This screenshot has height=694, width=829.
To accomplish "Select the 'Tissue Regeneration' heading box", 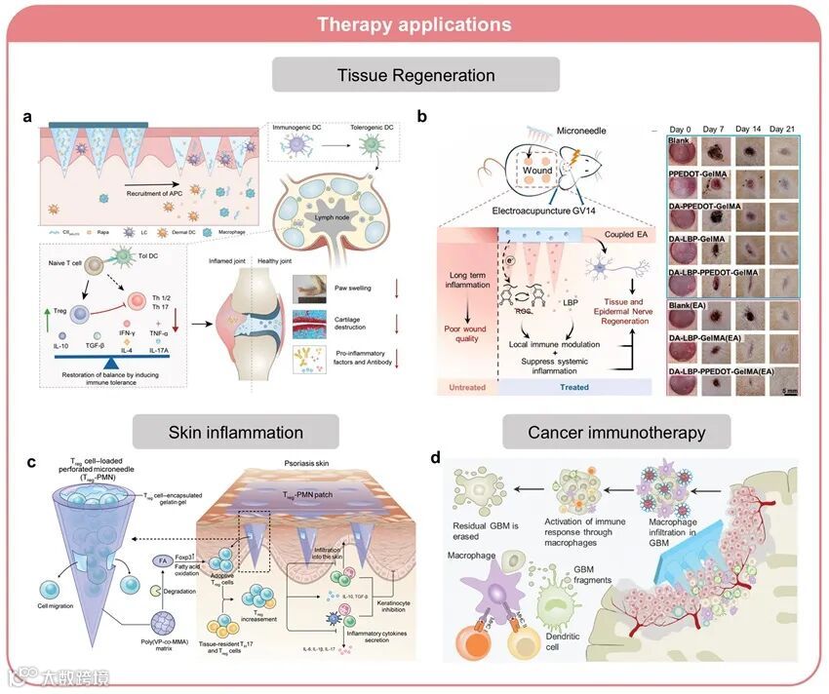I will tap(415, 75).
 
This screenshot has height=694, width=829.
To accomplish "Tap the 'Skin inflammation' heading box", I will tap(235, 432).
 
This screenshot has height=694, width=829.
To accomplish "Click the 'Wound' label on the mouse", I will tap(536, 171).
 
